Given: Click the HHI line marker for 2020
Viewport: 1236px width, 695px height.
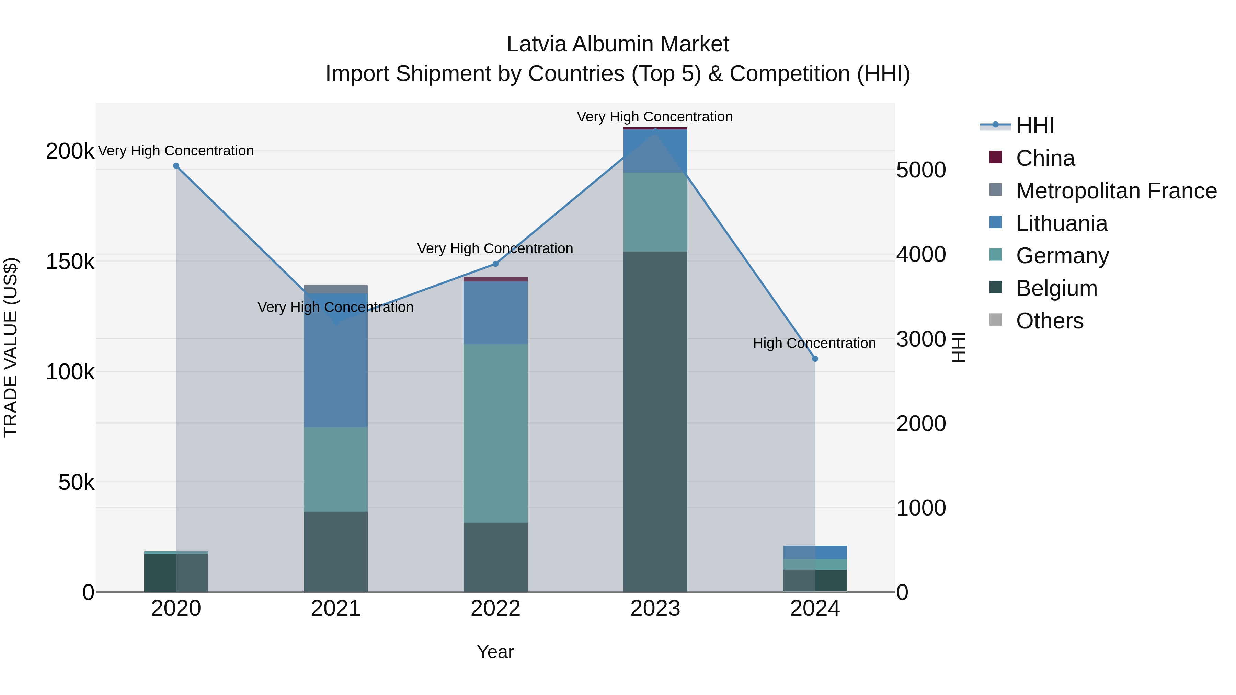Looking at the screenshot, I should click(x=176, y=166).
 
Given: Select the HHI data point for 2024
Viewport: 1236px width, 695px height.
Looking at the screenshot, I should click(x=815, y=359).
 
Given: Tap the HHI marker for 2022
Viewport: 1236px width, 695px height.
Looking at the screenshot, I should click(x=496, y=264).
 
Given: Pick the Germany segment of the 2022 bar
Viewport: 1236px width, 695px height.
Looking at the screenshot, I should click(x=496, y=433).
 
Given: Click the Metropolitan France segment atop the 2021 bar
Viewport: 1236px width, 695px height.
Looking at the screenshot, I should click(x=335, y=289).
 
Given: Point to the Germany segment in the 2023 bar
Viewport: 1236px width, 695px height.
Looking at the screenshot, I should click(x=655, y=212).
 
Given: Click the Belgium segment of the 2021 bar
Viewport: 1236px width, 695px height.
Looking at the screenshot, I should click(x=335, y=552).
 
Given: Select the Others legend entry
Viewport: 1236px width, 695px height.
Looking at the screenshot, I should click(x=1049, y=321).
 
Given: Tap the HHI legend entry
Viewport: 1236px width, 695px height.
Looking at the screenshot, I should click(x=1034, y=126).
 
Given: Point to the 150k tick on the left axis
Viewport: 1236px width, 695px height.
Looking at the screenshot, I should click(x=70, y=262).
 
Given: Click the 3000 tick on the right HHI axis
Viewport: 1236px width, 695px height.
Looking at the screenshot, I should click(x=921, y=339).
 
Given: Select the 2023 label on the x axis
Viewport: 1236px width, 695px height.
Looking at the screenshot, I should click(x=655, y=609).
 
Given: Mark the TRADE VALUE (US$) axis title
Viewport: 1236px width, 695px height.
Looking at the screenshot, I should click(x=11, y=347).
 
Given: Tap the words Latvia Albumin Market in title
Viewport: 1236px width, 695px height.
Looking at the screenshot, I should click(x=618, y=44).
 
